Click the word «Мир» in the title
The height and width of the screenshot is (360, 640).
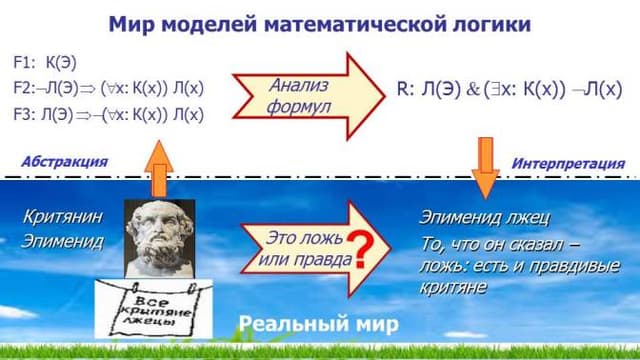point(131,24)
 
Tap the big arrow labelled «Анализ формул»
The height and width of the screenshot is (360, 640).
point(308,96)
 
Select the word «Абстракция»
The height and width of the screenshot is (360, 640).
point(64,162)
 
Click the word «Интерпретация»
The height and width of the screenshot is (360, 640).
point(568,164)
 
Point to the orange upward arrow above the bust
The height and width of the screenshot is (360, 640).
point(159,169)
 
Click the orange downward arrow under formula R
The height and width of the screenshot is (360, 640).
point(485,168)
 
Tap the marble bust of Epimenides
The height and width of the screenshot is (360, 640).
point(159,239)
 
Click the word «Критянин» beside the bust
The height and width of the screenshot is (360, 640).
point(62,216)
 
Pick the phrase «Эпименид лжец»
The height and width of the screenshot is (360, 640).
point(484,218)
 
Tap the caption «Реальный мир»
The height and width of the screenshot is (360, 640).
point(318,324)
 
